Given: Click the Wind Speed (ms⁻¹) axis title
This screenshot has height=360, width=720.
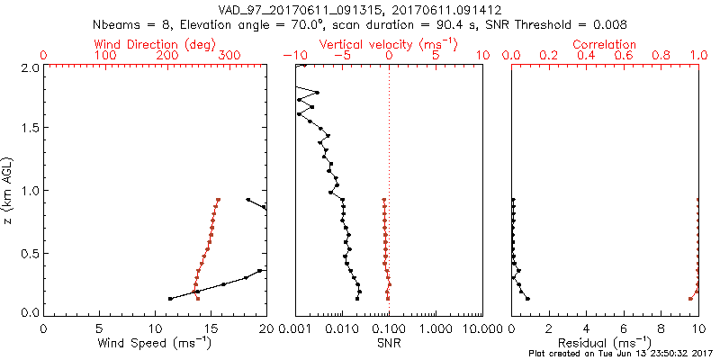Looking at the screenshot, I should [x=155, y=344].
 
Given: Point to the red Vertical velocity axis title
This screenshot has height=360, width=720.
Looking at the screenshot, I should [x=388, y=44].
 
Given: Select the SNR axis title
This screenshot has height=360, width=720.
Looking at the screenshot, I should [x=389, y=344].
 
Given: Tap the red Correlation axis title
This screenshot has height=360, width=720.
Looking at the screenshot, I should [x=606, y=44].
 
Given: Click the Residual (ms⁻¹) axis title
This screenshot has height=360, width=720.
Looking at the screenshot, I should [x=606, y=344].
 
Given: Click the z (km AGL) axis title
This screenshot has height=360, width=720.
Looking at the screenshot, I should [x=8, y=189].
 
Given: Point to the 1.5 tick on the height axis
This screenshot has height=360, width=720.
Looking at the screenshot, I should [x=31, y=128].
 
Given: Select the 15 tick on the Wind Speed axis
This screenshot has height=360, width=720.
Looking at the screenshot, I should [x=211, y=328].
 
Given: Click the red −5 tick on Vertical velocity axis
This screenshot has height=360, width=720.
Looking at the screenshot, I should [x=342, y=56].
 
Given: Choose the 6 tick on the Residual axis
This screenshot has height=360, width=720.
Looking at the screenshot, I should [x=625, y=328].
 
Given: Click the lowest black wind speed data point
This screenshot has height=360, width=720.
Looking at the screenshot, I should [x=170, y=299].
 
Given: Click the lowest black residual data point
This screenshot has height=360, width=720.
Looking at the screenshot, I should [x=528, y=299].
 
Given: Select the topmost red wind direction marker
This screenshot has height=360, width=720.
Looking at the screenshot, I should [x=218, y=200].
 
